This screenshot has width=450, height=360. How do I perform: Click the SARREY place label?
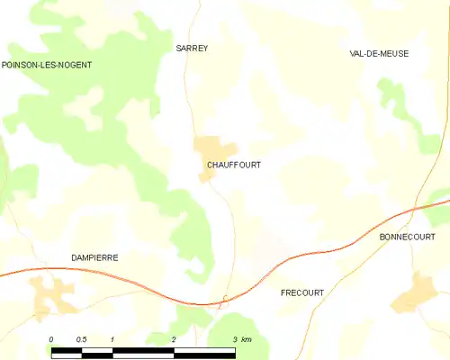tap(191, 49)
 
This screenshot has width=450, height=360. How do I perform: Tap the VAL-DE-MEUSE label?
tap(379, 54)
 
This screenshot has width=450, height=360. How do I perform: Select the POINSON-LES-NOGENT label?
tap(47, 66)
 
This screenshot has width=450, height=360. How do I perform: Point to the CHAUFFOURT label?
tap(234, 165)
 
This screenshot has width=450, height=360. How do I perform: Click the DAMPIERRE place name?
tap(94, 257)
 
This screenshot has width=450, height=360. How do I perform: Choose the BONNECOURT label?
tap(408, 237)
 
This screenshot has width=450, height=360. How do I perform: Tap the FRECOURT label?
tap(302, 293)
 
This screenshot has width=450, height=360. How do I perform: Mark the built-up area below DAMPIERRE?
tap(54, 292)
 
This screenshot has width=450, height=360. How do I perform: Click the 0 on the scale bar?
tap(51, 338)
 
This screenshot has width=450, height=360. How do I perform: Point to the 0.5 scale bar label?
tap(81, 338)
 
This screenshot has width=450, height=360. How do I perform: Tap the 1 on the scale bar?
tap(112, 338)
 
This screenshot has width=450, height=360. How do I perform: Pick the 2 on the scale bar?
tap(173, 338)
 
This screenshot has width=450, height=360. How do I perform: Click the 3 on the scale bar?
tap(234, 338)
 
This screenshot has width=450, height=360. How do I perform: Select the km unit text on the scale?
tap(247, 338)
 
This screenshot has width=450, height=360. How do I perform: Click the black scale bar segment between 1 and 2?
tap(142, 349)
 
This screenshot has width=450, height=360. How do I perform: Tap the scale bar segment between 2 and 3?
tap(203, 349)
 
